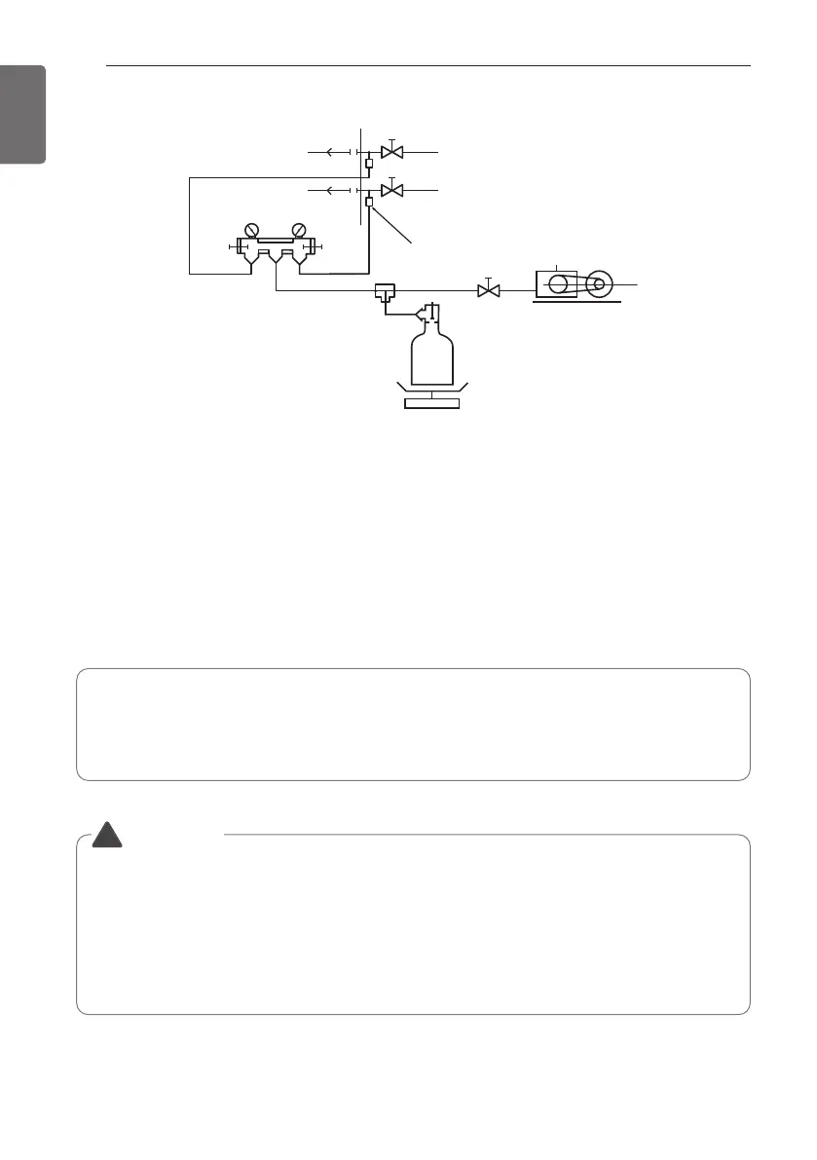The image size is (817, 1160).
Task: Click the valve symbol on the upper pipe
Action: [x=392, y=153]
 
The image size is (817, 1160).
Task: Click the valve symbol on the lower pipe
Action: [x=392, y=190]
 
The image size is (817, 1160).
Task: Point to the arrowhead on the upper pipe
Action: [x=328, y=153]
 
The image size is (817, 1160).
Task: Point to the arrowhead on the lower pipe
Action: [x=328, y=190]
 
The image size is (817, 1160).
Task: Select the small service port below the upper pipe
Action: [x=368, y=164]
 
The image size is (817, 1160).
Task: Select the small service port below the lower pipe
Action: [x=368, y=202]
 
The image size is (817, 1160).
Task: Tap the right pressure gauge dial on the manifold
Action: [x=299, y=231]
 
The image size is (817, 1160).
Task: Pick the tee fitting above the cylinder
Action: [x=384, y=291]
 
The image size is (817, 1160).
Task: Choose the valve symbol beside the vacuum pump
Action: [x=487, y=290]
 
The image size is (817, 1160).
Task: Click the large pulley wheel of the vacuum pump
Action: [x=598, y=284]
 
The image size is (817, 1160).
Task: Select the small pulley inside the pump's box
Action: [x=557, y=284]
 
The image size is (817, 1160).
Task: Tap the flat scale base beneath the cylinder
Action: [x=431, y=403]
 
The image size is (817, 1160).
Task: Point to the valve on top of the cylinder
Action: [x=429, y=314]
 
